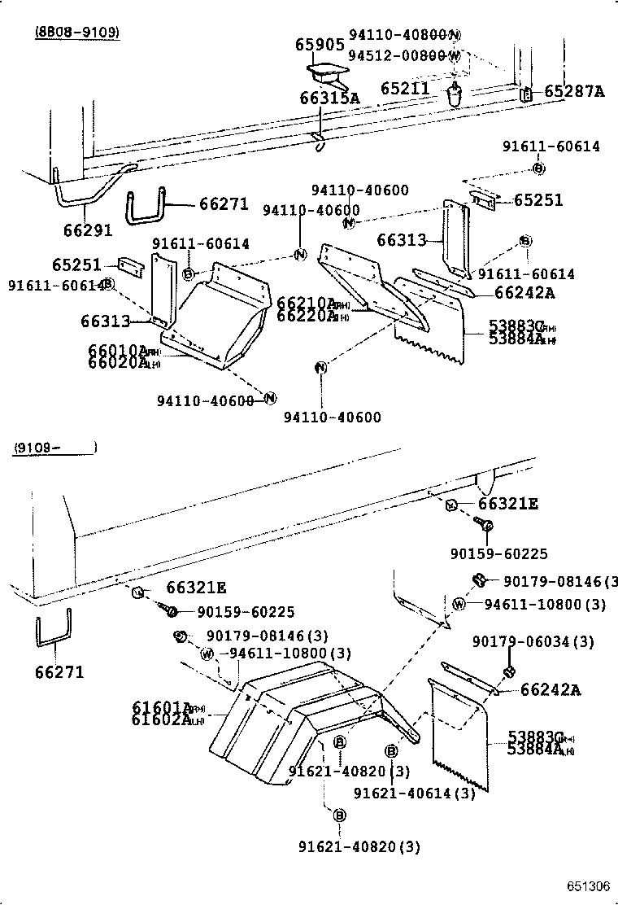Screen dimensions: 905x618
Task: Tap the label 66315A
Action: coord(329,98)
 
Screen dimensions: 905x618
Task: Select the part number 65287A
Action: coord(574,91)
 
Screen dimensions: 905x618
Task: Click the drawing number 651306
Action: coord(589,885)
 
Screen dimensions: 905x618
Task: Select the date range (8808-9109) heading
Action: coord(77,33)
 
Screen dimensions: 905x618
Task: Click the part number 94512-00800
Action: coord(397,55)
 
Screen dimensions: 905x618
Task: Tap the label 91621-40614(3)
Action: coord(415,792)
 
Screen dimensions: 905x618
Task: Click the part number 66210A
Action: coord(306,304)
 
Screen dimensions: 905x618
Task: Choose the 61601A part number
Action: coord(161,707)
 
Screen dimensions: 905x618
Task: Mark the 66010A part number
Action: coord(117,350)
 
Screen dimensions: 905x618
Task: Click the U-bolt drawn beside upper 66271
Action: coord(148,209)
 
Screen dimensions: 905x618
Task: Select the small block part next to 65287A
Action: coord(526,94)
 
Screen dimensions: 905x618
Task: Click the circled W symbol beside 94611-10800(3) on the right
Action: coord(459,604)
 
